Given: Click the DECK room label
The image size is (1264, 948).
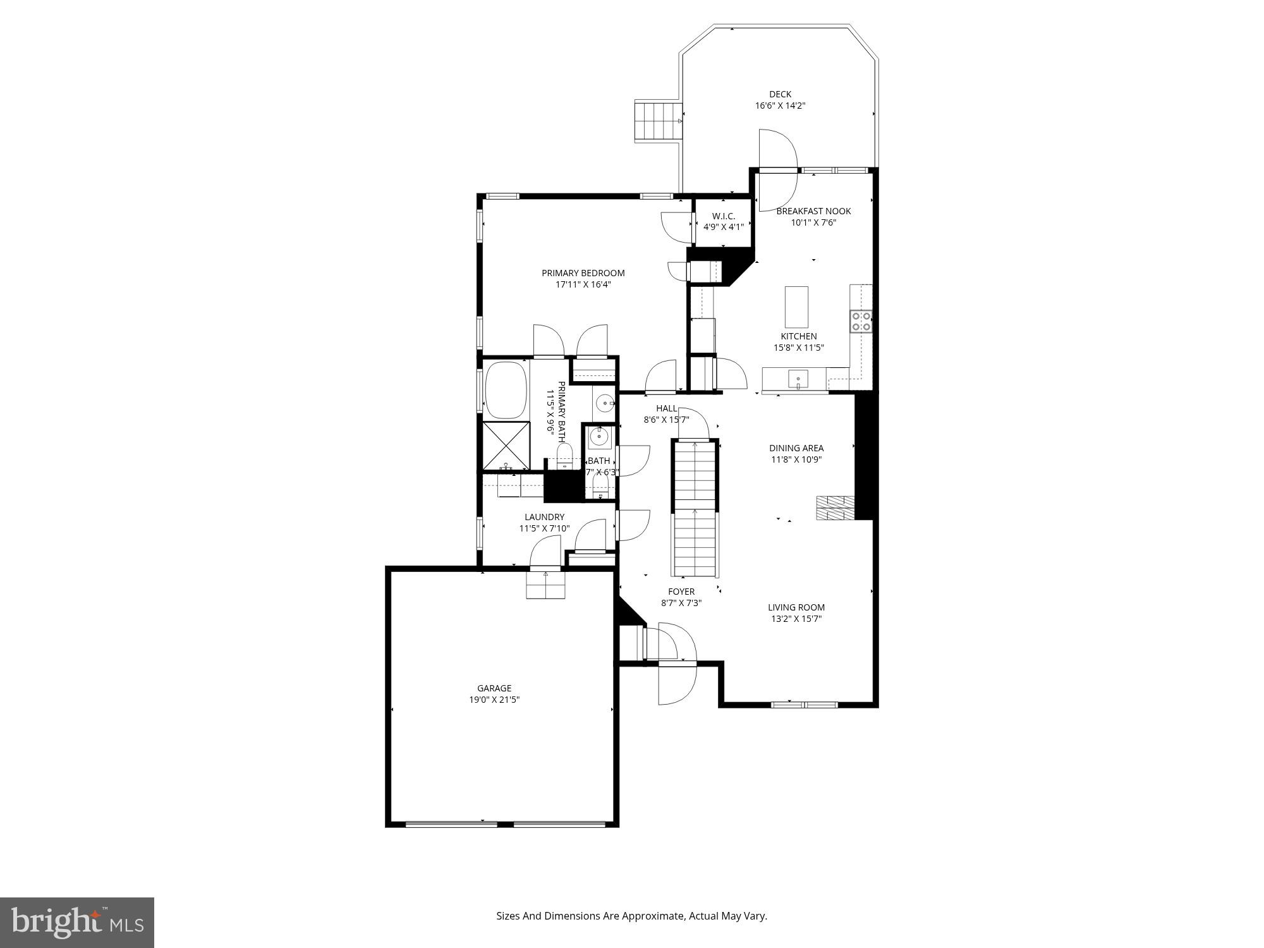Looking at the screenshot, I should [x=780, y=95].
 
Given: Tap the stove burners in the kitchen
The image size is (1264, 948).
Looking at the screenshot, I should [x=861, y=321].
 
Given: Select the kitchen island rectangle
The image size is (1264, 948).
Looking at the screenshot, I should [x=796, y=307].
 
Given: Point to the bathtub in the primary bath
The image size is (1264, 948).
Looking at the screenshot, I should [x=506, y=389].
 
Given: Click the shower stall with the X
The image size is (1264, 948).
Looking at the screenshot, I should [x=506, y=446].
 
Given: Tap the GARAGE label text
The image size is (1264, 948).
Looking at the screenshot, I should [x=494, y=688].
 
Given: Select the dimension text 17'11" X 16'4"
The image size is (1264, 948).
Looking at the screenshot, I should [x=583, y=285].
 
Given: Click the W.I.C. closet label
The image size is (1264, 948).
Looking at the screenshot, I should [x=724, y=216].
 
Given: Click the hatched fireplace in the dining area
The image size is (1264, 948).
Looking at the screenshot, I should [x=835, y=507].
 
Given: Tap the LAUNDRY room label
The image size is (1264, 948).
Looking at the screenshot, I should [x=544, y=517].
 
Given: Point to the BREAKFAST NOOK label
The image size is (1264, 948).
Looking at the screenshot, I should [x=813, y=211].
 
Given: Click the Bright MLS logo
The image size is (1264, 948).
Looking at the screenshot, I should [x=76, y=922].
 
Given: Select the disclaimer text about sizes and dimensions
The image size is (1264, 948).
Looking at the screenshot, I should [x=631, y=916].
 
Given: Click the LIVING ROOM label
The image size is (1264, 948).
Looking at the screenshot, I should [x=796, y=607].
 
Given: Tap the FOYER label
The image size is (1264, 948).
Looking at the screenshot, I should [x=681, y=592].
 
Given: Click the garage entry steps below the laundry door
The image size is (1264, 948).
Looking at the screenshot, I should [x=545, y=585].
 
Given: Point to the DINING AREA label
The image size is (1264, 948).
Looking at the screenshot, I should [x=796, y=448].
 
